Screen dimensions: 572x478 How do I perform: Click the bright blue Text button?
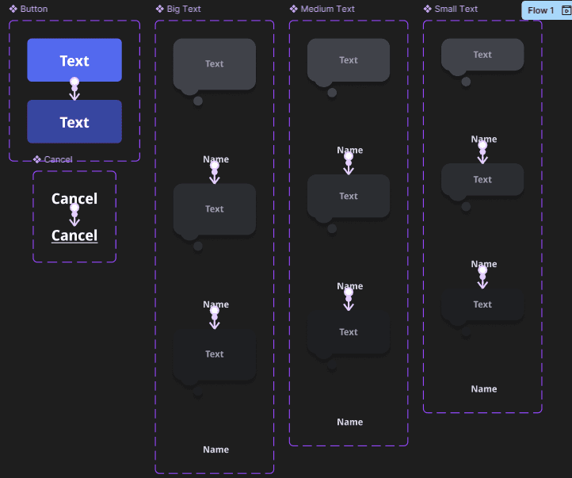click(x=74, y=60)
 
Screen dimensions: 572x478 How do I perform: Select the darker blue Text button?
click(x=74, y=122)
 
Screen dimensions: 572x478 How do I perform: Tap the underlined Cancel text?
click(x=74, y=235)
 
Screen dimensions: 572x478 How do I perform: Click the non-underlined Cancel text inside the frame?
click(x=74, y=198)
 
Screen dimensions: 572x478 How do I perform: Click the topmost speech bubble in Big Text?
click(x=215, y=63)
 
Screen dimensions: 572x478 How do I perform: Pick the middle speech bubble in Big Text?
click(x=215, y=208)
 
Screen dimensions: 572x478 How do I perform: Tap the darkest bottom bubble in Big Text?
click(x=215, y=354)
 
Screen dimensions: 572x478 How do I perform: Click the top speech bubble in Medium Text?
click(x=349, y=59)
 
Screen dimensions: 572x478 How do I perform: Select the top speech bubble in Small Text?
click(x=482, y=55)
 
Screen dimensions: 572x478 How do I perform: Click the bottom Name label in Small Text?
click(x=484, y=388)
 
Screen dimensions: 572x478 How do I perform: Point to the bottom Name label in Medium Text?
click(x=349, y=422)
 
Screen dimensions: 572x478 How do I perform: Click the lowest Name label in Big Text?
click(x=215, y=449)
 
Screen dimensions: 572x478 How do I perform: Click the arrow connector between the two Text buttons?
click(x=74, y=90)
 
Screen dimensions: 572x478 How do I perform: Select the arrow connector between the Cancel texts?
click(x=74, y=215)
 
